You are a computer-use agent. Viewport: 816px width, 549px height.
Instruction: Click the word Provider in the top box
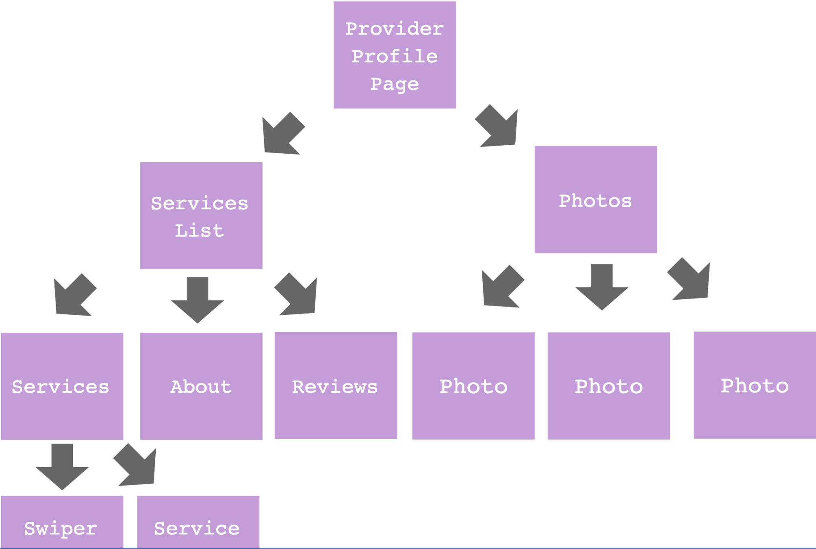tap(394, 29)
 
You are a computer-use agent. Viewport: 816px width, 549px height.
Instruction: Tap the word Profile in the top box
tap(394, 57)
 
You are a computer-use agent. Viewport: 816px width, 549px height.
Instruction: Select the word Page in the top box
tap(394, 84)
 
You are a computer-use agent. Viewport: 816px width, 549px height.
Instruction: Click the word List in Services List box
tap(199, 231)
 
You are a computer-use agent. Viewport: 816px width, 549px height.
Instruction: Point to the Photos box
tap(595, 200)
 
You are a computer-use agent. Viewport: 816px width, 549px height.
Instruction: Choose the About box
tap(201, 386)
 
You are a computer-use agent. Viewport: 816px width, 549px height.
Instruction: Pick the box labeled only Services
tap(62, 386)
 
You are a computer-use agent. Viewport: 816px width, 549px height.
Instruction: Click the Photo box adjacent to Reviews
tap(473, 386)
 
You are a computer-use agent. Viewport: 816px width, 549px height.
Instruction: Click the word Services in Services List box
tap(199, 203)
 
